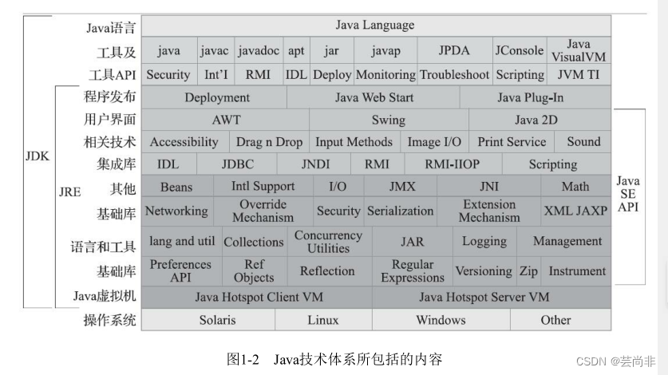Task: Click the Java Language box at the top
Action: tap(375, 26)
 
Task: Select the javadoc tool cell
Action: tap(259, 50)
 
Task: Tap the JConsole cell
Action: tap(519, 50)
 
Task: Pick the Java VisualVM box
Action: tap(579, 50)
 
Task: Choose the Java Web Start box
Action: tap(374, 97)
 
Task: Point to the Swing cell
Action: tap(389, 120)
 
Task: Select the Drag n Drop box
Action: tap(269, 142)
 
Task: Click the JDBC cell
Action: tap(237, 164)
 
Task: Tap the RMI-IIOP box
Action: tap(453, 164)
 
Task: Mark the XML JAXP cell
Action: tap(575, 211)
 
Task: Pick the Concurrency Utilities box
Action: tap(328, 242)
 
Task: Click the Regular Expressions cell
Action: tap(413, 271)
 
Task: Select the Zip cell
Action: tap(528, 271)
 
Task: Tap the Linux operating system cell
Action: tap(322, 320)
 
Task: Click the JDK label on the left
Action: tap(37, 156)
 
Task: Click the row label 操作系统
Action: tap(110, 321)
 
